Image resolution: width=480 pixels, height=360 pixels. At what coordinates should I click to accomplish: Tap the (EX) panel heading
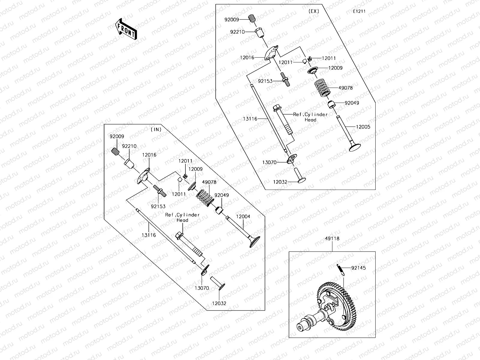pos(314,11)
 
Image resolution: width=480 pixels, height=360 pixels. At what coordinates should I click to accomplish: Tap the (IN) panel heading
pos(156,130)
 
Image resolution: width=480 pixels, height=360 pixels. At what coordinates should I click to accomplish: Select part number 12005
pos(363,127)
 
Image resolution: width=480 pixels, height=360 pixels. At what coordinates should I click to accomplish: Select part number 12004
pos(243,216)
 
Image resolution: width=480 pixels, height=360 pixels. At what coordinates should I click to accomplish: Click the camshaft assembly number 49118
pos(332,239)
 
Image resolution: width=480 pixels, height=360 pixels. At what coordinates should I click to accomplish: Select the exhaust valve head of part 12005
pos(355,147)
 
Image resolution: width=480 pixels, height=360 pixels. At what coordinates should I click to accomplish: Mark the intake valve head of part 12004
pos(254,241)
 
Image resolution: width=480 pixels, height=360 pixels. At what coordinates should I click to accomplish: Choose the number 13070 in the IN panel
pos(202,288)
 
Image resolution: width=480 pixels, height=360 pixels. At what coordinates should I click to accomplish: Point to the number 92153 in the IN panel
pos(158,206)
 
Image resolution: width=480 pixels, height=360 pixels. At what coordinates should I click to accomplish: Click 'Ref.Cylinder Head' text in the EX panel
pos(310,117)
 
